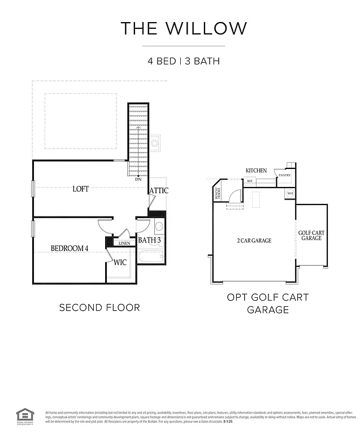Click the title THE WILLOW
(x=184, y=28)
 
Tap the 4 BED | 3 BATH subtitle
(x=184, y=61)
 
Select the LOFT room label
(x=81, y=189)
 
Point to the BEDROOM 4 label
(x=70, y=248)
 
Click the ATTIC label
(x=159, y=190)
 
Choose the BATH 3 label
(x=150, y=240)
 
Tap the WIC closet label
(x=120, y=262)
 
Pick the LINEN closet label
(x=124, y=243)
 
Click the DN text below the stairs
(x=138, y=179)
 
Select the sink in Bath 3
(x=159, y=227)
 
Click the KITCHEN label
(x=256, y=171)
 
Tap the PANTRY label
(x=284, y=176)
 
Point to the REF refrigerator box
(x=249, y=181)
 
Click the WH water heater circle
(x=290, y=193)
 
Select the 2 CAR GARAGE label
(x=254, y=241)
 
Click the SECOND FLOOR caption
(x=99, y=307)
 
